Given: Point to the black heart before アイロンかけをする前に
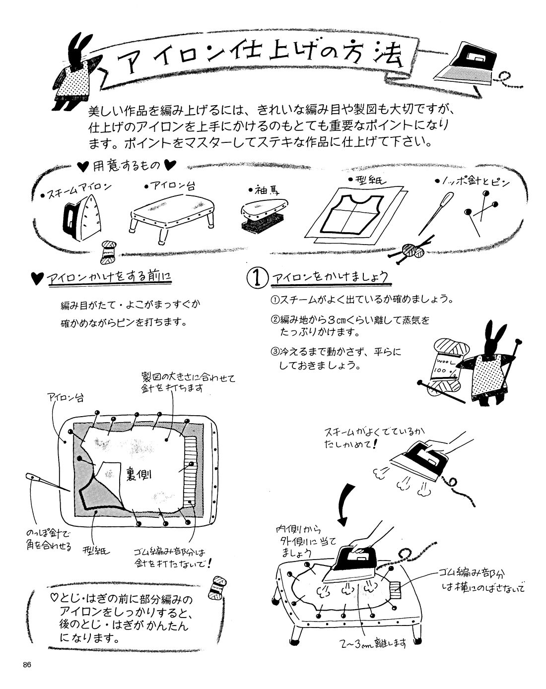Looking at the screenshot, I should click(37, 279).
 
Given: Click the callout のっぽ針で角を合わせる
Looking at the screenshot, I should click(49, 540).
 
